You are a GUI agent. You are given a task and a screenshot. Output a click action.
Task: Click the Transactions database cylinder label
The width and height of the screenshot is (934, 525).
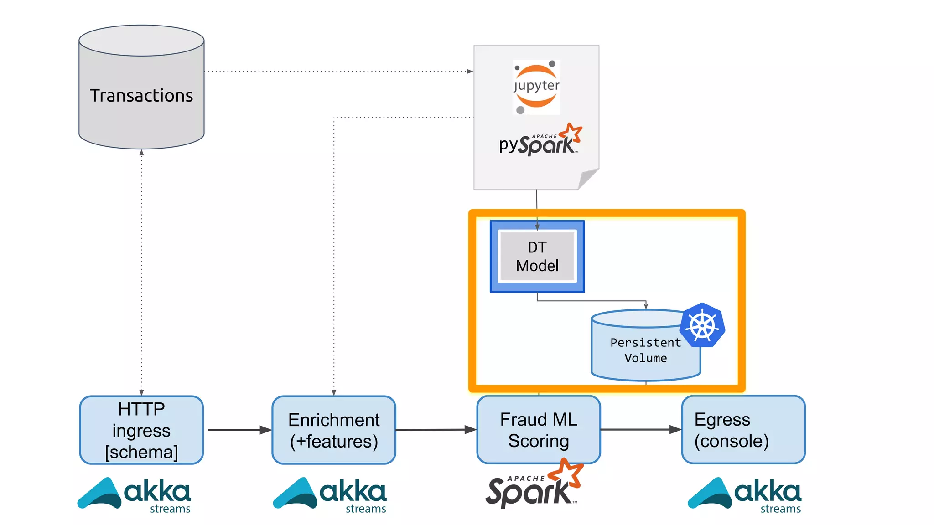tap(141, 96)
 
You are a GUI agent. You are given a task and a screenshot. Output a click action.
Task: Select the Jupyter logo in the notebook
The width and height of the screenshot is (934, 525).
tap(536, 87)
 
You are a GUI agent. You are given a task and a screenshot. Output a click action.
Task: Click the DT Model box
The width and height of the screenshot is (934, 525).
tap(537, 257)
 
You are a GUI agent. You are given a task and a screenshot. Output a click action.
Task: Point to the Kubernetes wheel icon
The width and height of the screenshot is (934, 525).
tap(702, 325)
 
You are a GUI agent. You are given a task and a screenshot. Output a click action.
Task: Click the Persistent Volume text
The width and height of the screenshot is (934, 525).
tap(645, 350)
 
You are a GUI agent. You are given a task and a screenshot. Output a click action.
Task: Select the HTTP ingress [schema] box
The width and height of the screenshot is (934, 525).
tap(141, 430)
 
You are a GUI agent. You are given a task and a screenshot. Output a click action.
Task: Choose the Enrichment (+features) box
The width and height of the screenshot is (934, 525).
tap(334, 430)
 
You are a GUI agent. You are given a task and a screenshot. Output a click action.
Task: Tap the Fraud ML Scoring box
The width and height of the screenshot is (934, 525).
tap(539, 430)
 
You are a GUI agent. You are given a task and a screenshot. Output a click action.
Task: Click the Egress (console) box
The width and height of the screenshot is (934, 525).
tap(743, 430)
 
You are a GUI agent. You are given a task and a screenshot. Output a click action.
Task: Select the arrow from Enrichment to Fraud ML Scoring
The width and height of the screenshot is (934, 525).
tap(436, 430)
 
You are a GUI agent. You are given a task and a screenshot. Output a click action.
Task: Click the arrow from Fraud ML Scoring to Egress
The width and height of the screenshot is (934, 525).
tap(640, 429)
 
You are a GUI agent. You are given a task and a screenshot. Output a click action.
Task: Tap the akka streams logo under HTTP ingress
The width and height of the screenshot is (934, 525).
tap(135, 494)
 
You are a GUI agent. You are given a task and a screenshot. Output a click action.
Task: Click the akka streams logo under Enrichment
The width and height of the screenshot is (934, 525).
tap(330, 494)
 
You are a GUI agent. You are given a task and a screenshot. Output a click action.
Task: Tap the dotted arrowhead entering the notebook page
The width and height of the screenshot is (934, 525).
tap(470, 72)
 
